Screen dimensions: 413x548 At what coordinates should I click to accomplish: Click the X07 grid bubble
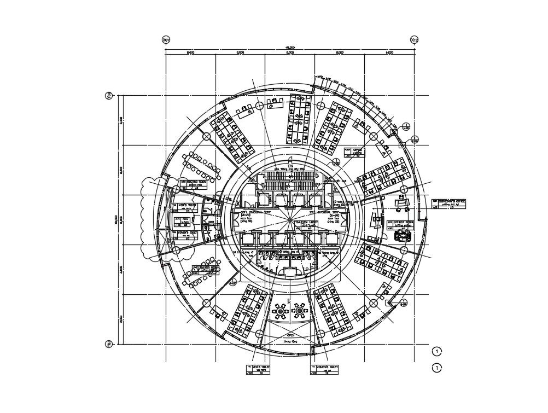pos(166,40)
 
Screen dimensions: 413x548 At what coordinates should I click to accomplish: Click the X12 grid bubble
pos(415,40)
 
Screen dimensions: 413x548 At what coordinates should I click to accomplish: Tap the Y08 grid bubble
pos(109,96)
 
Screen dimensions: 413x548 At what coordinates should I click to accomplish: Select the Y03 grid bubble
pos(109,344)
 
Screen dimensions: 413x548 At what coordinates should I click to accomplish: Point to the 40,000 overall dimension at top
pos(290,48)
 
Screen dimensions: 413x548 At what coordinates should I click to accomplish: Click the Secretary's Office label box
pos(450,203)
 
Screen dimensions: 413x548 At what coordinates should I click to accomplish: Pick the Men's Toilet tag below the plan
pos(258,370)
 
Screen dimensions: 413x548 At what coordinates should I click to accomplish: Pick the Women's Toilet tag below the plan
pos(325,370)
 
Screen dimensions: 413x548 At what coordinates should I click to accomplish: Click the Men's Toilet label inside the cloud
pos(183,208)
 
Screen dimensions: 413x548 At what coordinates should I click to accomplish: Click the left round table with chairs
pos(281,311)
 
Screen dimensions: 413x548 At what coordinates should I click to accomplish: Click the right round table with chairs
pos(300,311)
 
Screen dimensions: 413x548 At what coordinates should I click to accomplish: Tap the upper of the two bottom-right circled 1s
pos(436,351)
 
